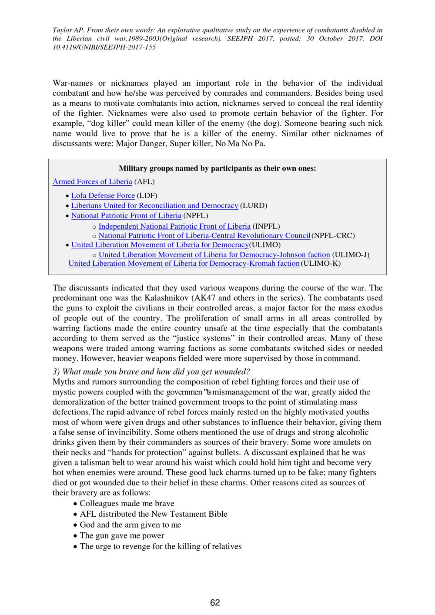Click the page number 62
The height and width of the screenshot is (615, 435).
tap(215, 602)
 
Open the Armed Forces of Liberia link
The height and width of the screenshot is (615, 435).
tap(92, 182)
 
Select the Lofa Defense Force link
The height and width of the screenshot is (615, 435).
tap(103, 196)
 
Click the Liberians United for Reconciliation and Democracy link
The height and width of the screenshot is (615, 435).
tap(154, 206)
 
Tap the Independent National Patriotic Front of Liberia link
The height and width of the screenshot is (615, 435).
tap(174, 226)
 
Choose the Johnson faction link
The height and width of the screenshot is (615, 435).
tap(214, 255)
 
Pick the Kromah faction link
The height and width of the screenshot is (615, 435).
tap(184, 264)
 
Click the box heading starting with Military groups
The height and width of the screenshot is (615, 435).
tap(217, 169)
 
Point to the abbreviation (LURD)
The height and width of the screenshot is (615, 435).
tap(254, 206)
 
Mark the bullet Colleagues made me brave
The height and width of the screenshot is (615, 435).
tap(127, 504)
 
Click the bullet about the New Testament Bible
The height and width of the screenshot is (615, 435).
tap(154, 514)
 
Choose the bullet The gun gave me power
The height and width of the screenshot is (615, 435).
tap(122, 536)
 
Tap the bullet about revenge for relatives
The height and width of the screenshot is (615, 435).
tap(161, 547)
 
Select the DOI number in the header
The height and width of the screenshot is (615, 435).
tap(104, 47)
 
